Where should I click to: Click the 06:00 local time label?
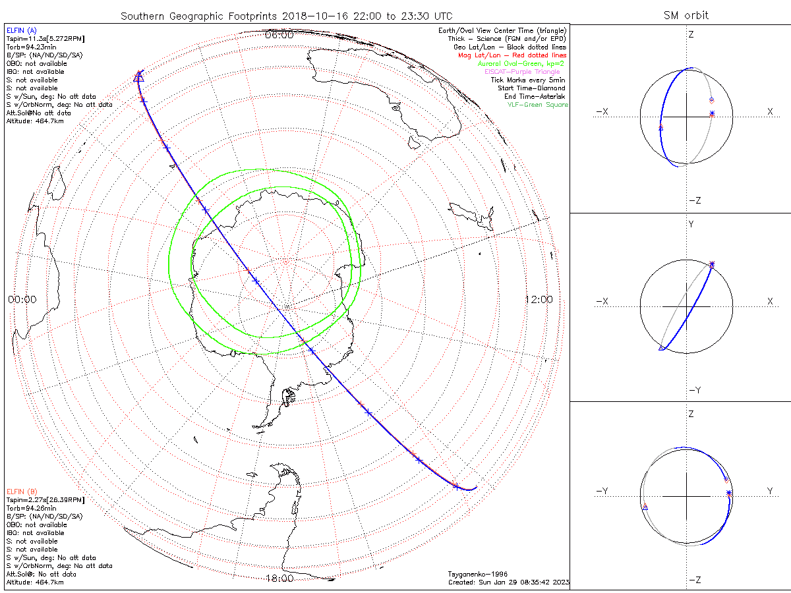click(x=278, y=35)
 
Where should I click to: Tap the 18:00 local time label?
click(x=278, y=579)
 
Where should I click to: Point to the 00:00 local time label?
click(x=22, y=299)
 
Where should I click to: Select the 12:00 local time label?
click(x=539, y=299)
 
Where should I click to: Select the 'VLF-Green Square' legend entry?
click(x=537, y=105)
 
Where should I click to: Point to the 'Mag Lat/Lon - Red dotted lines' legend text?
click(x=512, y=55)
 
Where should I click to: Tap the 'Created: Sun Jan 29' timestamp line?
click(x=508, y=582)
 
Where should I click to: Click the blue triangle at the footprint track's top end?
click(x=138, y=77)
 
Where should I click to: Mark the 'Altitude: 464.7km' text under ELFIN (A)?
click(x=35, y=121)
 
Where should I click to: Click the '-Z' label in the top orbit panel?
click(x=693, y=200)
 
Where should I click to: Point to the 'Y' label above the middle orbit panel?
click(x=691, y=224)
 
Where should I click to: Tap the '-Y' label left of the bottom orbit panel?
click(x=602, y=491)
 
